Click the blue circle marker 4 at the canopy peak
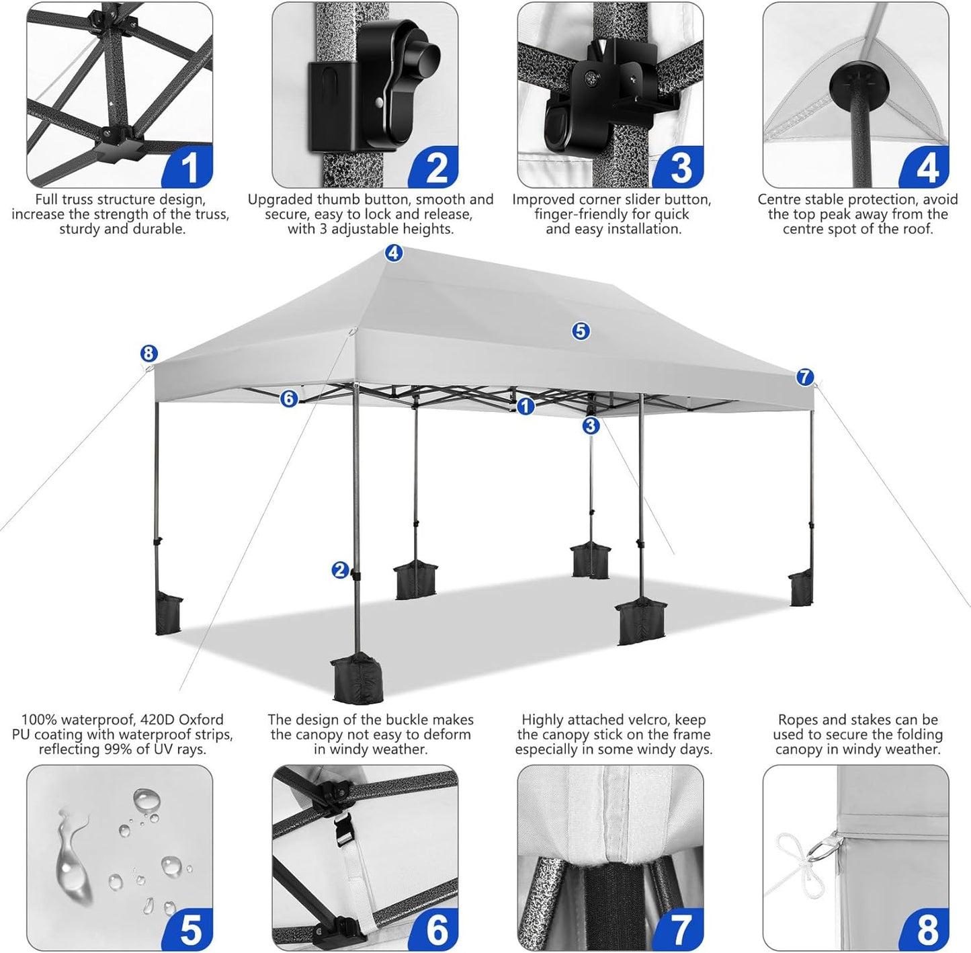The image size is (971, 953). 394,253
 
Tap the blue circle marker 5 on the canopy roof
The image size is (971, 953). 581,331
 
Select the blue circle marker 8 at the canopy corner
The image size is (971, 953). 149,354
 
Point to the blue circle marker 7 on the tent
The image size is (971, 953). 805,377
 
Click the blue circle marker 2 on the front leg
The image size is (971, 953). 341,571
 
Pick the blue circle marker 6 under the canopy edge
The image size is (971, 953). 289,399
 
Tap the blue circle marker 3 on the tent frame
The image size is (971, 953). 591,425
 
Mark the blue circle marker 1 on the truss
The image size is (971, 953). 525,406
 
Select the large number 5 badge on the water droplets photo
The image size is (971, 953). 190,930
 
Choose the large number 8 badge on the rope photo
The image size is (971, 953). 927,930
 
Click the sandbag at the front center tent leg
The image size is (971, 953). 356,677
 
